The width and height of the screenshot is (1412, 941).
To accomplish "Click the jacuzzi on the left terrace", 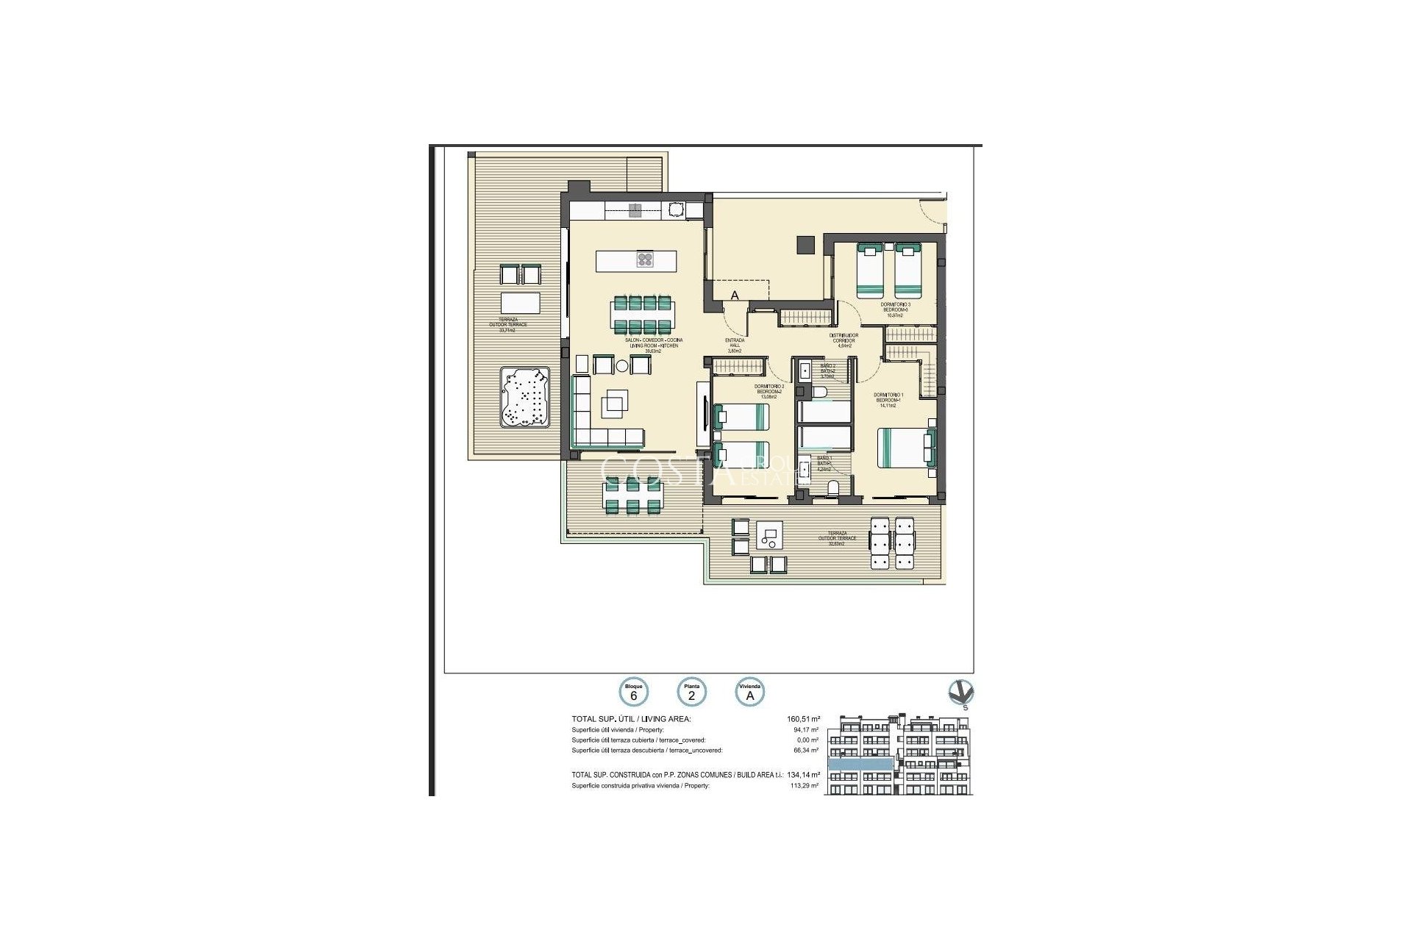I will coord(525,398).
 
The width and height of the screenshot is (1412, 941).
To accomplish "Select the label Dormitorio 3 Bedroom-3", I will coord(895,309).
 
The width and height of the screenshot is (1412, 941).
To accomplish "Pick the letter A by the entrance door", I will coord(734,296).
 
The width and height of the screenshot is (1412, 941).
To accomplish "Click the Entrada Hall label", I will coord(735,345).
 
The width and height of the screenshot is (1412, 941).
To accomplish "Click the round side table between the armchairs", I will coord(622,365).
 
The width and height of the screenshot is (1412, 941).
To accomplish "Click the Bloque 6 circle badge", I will coord(633,693).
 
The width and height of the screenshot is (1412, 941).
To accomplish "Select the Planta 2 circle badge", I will coord(692,693).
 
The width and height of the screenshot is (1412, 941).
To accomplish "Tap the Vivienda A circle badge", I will coord(751,693).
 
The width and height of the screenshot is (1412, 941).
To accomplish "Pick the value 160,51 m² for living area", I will coord(803,719).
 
